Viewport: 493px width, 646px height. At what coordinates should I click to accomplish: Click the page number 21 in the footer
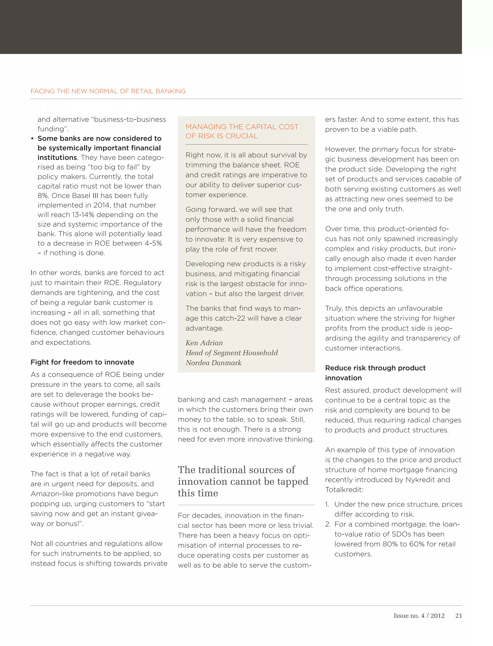pyautogui.click(x=458, y=616)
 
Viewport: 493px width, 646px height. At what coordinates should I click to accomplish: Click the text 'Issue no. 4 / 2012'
pyautogui.click(x=419, y=616)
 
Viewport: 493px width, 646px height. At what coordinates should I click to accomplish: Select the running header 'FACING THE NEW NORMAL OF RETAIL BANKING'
pyautogui.click(x=108, y=91)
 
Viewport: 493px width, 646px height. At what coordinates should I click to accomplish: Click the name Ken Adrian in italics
pyautogui.click(x=204, y=343)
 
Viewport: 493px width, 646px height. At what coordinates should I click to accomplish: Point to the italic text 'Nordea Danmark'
pyautogui.click(x=213, y=363)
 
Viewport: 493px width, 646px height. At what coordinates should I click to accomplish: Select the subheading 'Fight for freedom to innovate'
pyautogui.click(x=82, y=362)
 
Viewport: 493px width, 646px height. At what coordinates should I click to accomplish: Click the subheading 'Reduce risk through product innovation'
pyautogui.click(x=375, y=373)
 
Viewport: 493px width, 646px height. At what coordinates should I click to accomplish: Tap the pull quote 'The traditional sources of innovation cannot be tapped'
pyautogui.click(x=243, y=481)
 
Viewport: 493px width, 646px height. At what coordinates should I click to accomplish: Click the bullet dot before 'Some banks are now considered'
pyautogui.click(x=32, y=138)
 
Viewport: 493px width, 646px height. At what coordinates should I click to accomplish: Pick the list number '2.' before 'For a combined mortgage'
pyautogui.click(x=328, y=524)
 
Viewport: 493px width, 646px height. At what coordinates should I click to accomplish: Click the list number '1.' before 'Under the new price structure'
pyautogui.click(x=327, y=504)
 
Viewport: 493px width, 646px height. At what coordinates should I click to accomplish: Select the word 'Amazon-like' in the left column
pyautogui.click(x=52, y=494)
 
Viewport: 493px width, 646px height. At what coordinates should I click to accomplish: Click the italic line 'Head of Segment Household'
pyautogui.click(x=232, y=353)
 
